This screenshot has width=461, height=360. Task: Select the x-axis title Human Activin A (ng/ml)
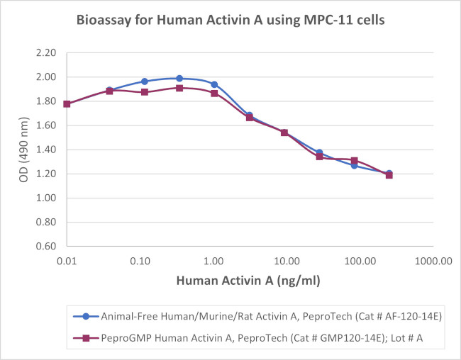249,281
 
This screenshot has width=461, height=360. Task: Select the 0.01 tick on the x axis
67,261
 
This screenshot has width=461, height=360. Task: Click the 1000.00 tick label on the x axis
433,261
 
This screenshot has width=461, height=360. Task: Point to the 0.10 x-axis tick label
140,261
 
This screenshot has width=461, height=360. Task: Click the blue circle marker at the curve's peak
179,78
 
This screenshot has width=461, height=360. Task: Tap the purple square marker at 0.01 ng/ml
67,104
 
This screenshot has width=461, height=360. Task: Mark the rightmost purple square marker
389,175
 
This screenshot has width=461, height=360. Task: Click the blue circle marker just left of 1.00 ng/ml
214,84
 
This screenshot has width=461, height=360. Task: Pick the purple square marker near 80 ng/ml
354,160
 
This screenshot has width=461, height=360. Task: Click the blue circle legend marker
85,316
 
